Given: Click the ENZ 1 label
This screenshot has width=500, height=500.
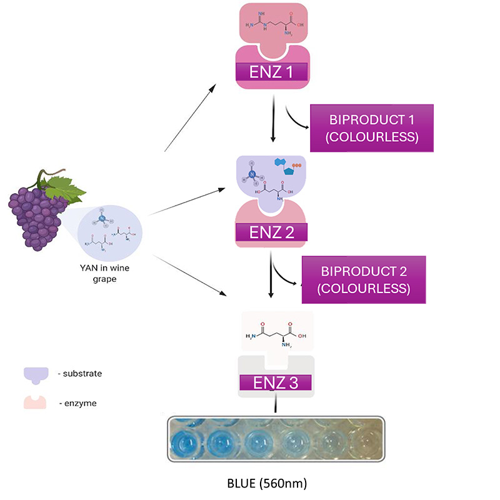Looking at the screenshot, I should tap(271, 72).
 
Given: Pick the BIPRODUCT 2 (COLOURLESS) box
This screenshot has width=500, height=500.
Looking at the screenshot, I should tap(364, 280).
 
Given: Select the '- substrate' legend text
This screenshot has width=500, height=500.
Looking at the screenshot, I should tap(79, 373).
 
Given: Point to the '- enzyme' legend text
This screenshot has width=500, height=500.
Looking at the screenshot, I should tap(77, 404).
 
